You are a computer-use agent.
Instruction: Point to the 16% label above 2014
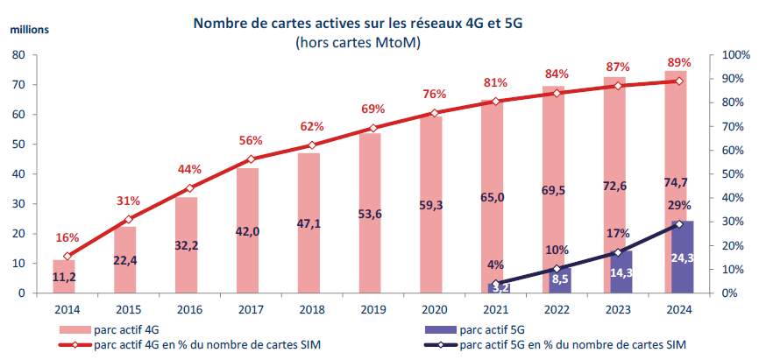coord(67,237)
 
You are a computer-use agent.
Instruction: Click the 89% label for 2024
coord(679,62)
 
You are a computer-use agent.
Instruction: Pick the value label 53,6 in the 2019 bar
coord(372,236)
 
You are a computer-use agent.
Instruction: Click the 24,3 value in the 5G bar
coord(682,258)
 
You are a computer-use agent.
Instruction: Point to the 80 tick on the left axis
coord(18,55)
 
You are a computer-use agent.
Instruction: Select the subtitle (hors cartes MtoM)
coord(358,42)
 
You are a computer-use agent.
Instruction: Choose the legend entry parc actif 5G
coord(486,329)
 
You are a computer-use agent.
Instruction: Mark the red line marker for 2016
coord(190,188)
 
